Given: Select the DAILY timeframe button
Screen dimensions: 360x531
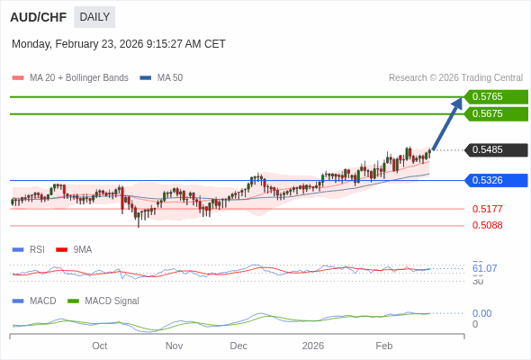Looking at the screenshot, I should pos(94,16).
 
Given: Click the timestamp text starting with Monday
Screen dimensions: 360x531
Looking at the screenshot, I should pos(119,44).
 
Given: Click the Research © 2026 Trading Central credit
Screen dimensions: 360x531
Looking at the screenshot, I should pos(455,78).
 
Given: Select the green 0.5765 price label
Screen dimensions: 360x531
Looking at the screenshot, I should pos(496,96).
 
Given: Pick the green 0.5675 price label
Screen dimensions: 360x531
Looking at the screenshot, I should pos(496,114).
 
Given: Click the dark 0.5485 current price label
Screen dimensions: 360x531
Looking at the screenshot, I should pos(496,150).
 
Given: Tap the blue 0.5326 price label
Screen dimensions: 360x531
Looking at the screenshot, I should pos(496,180).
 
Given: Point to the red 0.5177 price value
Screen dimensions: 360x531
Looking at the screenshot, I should pos(487,209).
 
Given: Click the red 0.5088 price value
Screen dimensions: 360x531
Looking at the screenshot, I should pos(487,225).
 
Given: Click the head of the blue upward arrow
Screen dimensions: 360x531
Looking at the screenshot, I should pos(458,101).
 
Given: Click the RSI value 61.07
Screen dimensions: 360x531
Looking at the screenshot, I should pos(484,268).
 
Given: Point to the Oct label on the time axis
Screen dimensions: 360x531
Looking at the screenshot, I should pos(99,346).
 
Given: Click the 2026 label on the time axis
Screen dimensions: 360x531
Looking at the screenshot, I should pos(312,346).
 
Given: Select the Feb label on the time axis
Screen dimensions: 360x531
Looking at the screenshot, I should pos(384,346).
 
